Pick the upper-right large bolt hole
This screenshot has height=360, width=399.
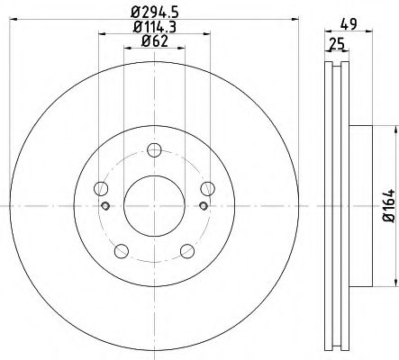(207, 188)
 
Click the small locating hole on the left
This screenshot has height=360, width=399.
(106, 207)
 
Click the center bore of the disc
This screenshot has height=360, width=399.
(154, 206)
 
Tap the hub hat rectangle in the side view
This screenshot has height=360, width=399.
(357, 206)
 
